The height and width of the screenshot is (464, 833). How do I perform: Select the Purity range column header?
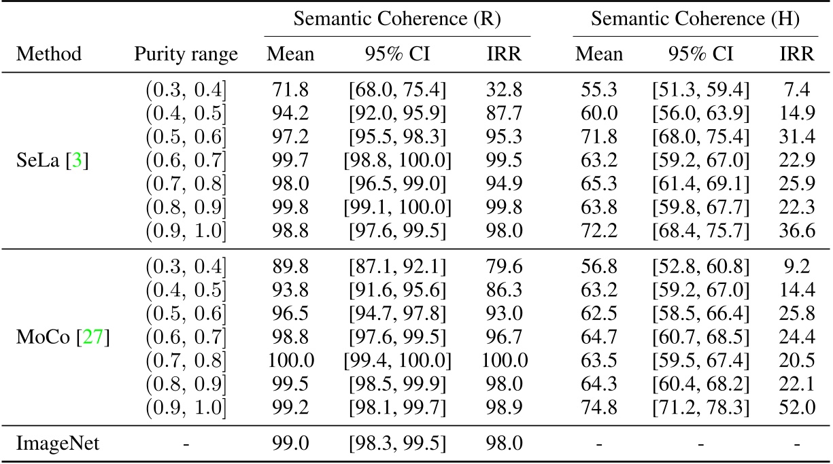click(x=186, y=54)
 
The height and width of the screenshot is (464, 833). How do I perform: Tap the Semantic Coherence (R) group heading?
click(x=397, y=19)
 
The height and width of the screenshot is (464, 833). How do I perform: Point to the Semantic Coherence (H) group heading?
click(x=695, y=19)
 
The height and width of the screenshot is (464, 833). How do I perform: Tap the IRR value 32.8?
click(x=503, y=88)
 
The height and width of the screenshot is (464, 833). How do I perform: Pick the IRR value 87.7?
click(x=503, y=111)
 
